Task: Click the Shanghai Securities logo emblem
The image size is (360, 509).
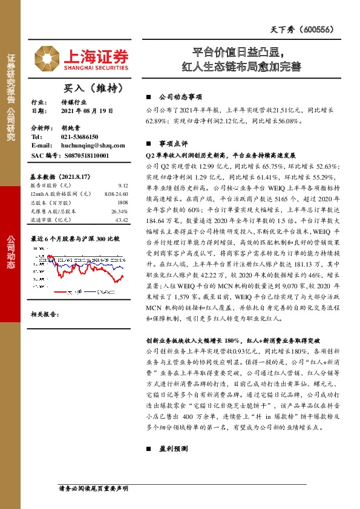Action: point(44,57)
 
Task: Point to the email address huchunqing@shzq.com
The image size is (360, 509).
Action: point(93,146)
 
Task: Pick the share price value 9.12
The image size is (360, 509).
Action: point(123,186)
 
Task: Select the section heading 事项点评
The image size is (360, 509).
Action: point(173,144)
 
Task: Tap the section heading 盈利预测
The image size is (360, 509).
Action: point(173,450)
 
